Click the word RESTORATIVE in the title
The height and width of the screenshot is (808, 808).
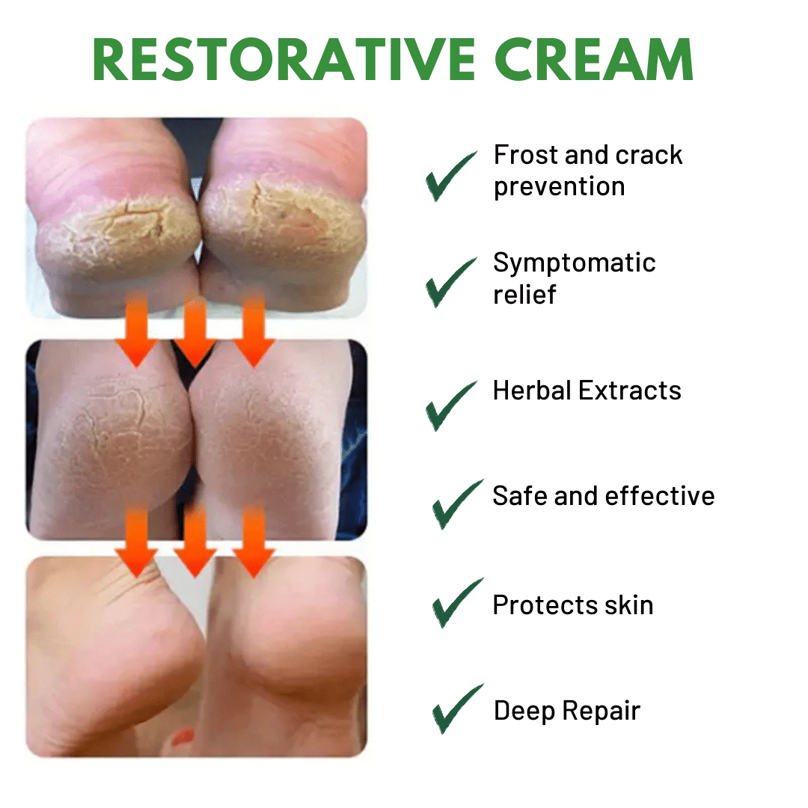[x=284, y=59]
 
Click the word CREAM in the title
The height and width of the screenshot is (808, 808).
[x=594, y=59]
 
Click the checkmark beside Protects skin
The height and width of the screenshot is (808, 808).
[x=456, y=604]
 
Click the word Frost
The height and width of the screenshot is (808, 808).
[x=526, y=155]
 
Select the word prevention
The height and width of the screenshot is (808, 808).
[x=559, y=187]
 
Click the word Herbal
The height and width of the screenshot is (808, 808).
[x=533, y=390]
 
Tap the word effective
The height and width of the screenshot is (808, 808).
[x=660, y=496]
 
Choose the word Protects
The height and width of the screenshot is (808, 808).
[x=545, y=605]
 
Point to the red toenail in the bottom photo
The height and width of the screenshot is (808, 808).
[x=183, y=738]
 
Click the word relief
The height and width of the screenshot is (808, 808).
[x=524, y=294]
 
